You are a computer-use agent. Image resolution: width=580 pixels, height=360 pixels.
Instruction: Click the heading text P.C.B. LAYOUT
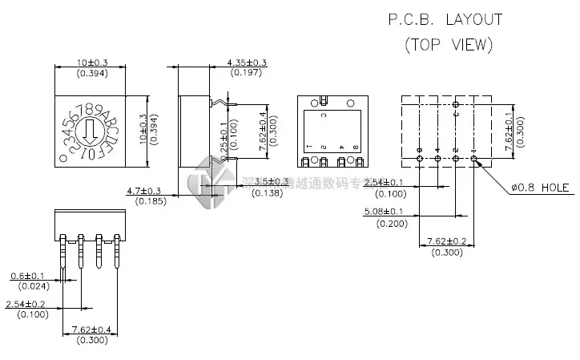click(x=445, y=19)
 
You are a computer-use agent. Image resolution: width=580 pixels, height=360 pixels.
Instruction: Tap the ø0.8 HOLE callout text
click(x=539, y=188)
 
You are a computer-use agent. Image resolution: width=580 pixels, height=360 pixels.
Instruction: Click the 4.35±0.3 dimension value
click(x=247, y=63)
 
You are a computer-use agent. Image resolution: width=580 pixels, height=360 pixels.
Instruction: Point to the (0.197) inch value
click(x=247, y=73)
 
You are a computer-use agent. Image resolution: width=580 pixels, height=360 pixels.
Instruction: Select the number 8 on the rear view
click(x=352, y=148)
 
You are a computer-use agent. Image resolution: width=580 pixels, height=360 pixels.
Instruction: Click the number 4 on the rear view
click(x=341, y=148)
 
